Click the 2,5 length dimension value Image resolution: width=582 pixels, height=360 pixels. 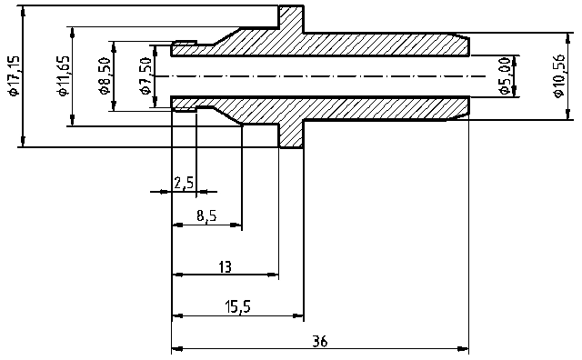click(x=183, y=183)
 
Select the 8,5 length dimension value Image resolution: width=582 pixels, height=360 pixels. click(x=206, y=216)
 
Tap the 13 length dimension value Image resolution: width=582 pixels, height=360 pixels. click(x=225, y=266)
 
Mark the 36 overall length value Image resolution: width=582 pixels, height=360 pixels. click(x=319, y=342)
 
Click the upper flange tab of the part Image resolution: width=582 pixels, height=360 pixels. click(x=291, y=18)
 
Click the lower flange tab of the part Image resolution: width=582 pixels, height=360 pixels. click(x=291, y=135)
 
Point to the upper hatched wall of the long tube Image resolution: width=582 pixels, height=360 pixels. click(x=382, y=45)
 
